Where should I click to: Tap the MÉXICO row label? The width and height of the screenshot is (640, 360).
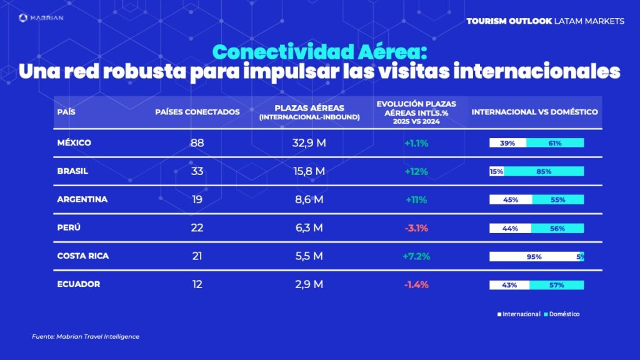74,143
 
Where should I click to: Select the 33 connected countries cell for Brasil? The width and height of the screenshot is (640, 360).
197,171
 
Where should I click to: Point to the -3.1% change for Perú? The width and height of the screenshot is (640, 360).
416,228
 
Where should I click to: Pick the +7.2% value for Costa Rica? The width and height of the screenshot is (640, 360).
416,256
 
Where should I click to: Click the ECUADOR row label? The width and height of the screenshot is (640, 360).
78,284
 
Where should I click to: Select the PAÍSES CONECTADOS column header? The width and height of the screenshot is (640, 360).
197,112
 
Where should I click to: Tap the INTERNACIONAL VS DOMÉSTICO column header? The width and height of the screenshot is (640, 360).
534,112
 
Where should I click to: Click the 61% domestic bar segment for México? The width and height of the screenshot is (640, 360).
555,143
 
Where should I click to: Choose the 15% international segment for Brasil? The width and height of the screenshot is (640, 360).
496,171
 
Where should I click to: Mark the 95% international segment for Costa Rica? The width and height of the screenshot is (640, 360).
534,256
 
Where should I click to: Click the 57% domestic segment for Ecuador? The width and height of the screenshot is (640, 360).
556,285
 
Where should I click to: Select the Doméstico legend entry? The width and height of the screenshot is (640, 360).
562,314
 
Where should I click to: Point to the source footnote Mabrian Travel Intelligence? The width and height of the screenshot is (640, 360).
86,337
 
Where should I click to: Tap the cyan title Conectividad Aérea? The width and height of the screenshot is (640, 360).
320,51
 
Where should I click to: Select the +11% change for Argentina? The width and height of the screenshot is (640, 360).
416,200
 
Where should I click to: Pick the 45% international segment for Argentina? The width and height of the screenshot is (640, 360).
510,200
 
